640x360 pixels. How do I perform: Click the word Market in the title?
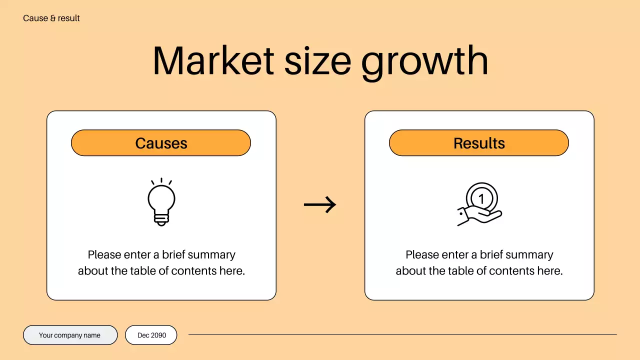(213, 61)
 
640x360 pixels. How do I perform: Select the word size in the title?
(317, 61)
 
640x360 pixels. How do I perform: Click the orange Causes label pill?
(160, 143)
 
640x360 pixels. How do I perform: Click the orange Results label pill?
(478, 143)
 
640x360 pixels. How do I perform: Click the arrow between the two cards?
(320, 204)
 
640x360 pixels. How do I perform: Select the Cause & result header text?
(51, 18)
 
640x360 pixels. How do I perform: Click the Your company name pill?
(70, 335)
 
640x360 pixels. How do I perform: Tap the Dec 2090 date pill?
(151, 335)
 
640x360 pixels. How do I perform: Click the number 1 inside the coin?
(481, 199)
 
